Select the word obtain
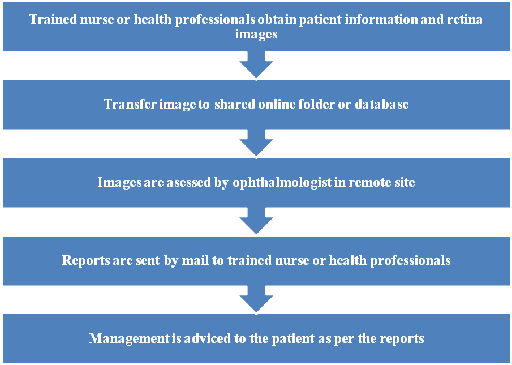pos(277,19)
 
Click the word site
pos(405,182)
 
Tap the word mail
pos(195,260)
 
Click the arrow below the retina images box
pos(256,65)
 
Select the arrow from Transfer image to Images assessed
pos(256,143)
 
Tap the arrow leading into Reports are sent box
pos(256,221)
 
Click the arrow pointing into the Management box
pos(256,299)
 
